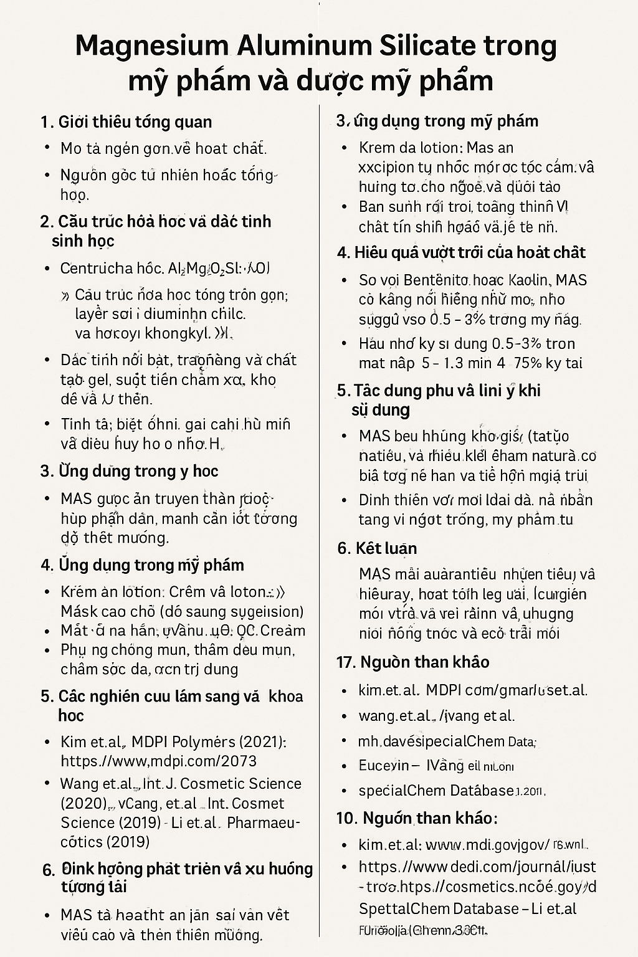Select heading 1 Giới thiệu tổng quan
click(126, 121)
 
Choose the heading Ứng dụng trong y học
click(130, 471)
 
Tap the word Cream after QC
click(282, 631)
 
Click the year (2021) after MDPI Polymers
click(256, 742)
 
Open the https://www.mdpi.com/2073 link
click(159, 761)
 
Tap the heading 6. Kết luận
click(377, 548)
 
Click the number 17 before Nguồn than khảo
click(345, 662)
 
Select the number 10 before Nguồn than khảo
click(346, 817)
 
